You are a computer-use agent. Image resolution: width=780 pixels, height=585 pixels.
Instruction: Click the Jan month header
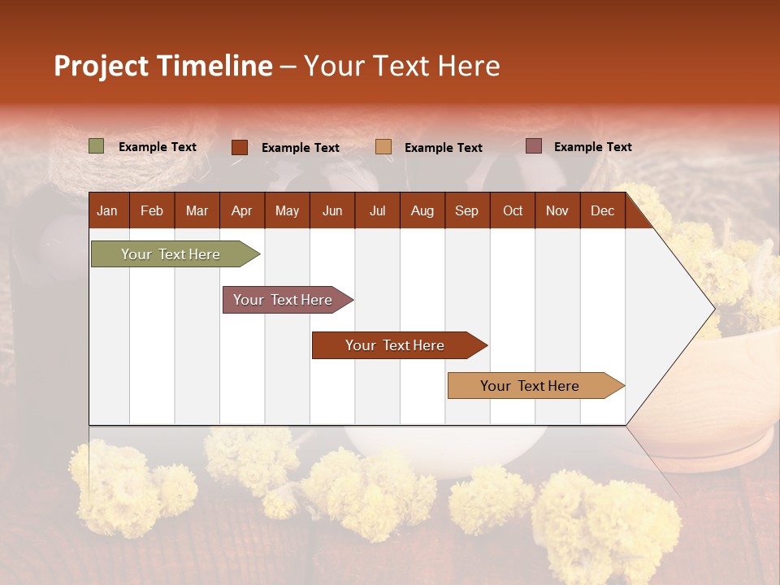[107, 210]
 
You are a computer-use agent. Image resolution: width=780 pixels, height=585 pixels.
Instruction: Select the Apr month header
[241, 210]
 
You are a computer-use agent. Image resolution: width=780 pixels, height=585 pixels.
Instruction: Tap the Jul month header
[377, 210]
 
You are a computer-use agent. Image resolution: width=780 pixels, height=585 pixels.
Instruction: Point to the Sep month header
[466, 210]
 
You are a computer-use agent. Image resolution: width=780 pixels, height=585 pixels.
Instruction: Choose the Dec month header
[602, 210]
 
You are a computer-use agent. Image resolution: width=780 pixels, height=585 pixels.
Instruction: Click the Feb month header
[152, 210]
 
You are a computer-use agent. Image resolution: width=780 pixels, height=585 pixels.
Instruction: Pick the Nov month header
[557, 210]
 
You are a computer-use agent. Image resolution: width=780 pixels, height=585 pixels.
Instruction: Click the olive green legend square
[97, 146]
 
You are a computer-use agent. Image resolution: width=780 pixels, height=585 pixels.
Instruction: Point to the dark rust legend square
[240, 147]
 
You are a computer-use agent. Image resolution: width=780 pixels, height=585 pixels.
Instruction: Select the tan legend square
[383, 147]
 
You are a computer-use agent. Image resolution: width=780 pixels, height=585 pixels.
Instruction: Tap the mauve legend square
[534, 146]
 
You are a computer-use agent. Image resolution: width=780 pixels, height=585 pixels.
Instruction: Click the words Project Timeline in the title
[163, 66]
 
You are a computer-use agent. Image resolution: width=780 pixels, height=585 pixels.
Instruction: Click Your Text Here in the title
[401, 66]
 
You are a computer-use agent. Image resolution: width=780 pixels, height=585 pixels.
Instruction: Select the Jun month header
[332, 210]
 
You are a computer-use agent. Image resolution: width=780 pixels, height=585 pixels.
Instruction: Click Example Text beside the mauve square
[592, 147]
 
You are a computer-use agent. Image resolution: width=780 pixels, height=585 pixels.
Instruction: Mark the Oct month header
[513, 210]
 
